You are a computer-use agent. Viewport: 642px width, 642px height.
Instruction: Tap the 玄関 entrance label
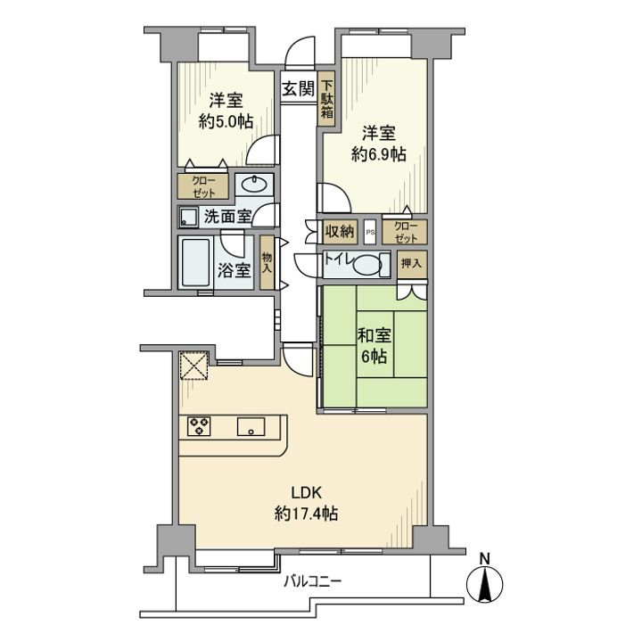pyautogui.click(x=298, y=88)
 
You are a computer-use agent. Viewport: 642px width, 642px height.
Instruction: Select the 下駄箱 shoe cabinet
pyautogui.click(x=327, y=99)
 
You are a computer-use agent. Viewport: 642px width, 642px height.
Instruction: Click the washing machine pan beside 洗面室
pyautogui.click(x=188, y=217)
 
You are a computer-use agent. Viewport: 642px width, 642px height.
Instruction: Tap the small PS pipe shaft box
pyautogui.click(x=370, y=232)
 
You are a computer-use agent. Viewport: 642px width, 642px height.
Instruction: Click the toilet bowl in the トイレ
pyautogui.click(x=374, y=264)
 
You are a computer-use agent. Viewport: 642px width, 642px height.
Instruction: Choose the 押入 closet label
pyautogui.click(x=411, y=264)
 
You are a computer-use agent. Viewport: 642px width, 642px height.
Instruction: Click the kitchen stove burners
pyautogui.click(x=199, y=426)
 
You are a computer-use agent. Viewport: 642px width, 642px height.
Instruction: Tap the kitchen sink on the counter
pyautogui.click(x=251, y=427)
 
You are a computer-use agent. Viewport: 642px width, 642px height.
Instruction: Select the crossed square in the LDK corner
pyautogui.click(x=193, y=366)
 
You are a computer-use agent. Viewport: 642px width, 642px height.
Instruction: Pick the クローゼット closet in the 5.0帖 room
pyautogui.click(x=202, y=185)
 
